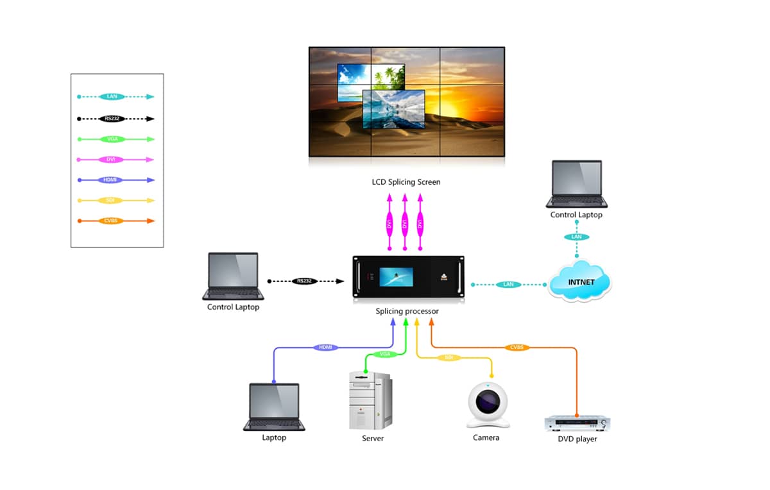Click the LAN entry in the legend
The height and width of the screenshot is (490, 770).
point(113,97)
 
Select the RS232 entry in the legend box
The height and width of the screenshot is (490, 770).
point(113,119)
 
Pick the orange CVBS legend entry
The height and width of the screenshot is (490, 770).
point(113,221)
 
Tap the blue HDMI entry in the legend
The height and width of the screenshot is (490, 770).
point(113,180)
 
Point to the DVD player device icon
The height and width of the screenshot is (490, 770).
point(577,424)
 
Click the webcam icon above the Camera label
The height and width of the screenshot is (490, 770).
point(488,405)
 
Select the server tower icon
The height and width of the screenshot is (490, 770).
point(370,400)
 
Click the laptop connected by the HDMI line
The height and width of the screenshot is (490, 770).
point(274,407)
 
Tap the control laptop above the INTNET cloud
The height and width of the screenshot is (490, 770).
point(577,184)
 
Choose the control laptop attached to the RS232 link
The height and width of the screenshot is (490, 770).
point(233,276)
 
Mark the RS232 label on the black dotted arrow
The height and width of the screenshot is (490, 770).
point(304,281)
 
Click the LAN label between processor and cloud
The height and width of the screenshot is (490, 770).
point(509,284)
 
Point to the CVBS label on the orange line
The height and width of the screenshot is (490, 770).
point(517,348)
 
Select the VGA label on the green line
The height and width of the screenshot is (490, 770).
point(384,354)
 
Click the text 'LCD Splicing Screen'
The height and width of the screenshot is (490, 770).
point(406,182)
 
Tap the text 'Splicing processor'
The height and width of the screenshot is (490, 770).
point(407,312)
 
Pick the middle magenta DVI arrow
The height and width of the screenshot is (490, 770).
point(404,223)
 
